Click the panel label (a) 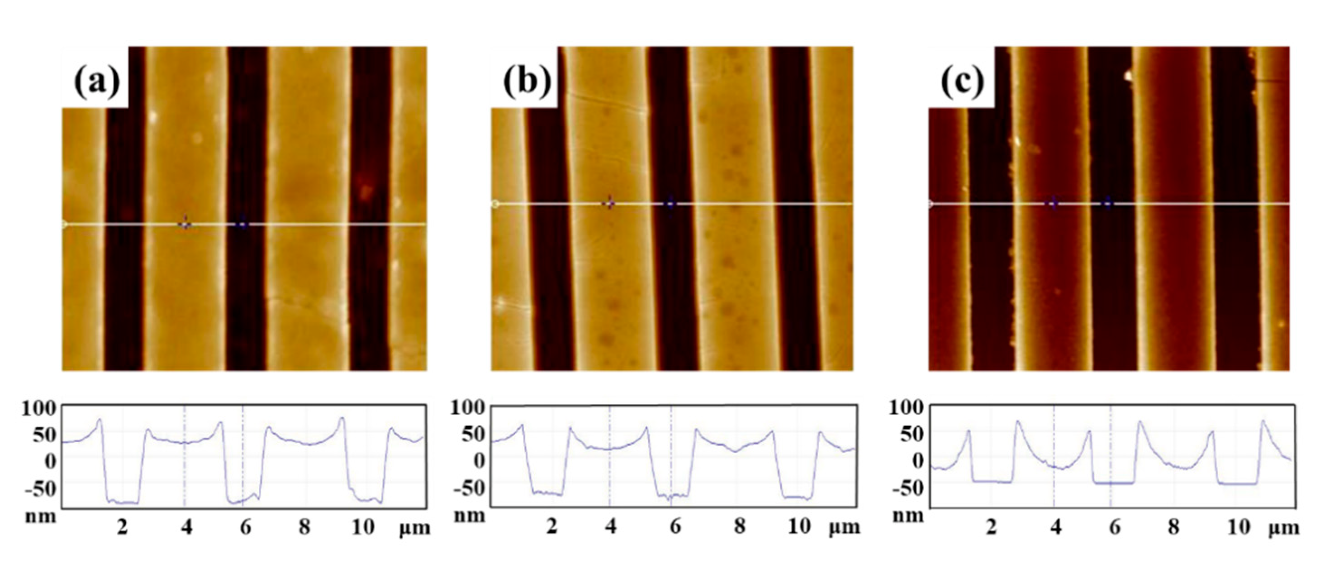coord(97,81)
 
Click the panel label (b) coord(527,81)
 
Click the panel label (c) coord(962,81)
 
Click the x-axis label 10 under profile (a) coord(363,527)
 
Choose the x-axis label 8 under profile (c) coord(1173,527)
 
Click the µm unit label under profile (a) coord(414,528)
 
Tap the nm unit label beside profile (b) coord(469,515)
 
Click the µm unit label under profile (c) coord(1283,528)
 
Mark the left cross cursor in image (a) coord(185,224)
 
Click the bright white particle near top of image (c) coord(1128,76)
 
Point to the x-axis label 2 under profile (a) coord(122,527)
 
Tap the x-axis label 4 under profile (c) coord(1055,527)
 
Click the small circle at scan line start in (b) coord(495,204)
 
